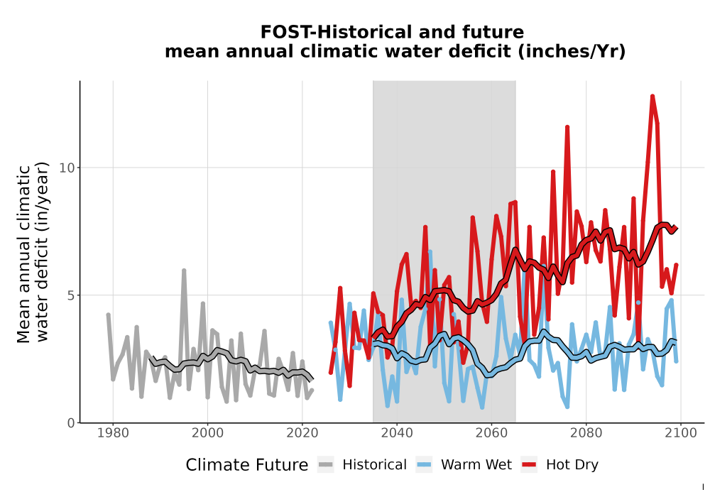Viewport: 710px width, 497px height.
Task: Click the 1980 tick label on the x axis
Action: pyautogui.click(x=113, y=433)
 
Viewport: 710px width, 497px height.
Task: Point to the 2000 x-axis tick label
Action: pyautogui.click(x=207, y=433)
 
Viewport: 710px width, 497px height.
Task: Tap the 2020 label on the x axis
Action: pyautogui.click(x=302, y=433)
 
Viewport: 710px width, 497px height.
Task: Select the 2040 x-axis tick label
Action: pyautogui.click(x=397, y=433)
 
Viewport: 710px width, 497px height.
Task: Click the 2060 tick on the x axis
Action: pyautogui.click(x=491, y=433)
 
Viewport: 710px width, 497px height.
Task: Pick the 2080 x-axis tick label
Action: pyautogui.click(x=586, y=433)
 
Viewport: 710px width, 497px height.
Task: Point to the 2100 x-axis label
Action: pyautogui.click(x=681, y=433)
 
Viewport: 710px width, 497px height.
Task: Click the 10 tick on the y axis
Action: pyautogui.click(x=67, y=168)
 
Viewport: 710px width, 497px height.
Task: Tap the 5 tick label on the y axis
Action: pyautogui.click(x=70, y=295)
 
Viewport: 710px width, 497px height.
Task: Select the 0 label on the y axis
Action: pyautogui.click(x=70, y=423)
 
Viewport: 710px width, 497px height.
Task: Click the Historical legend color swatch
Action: pyautogui.click(x=326, y=465)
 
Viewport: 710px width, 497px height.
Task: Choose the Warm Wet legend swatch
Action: pyautogui.click(x=424, y=465)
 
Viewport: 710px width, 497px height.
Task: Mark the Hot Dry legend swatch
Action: pyautogui.click(x=529, y=465)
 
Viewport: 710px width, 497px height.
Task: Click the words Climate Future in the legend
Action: pyautogui.click(x=247, y=465)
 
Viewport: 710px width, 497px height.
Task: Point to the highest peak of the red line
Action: pyautogui.click(x=652, y=97)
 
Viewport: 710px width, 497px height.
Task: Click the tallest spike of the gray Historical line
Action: pyautogui.click(x=184, y=271)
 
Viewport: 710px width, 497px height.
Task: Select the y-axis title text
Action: pyautogui.click(x=33, y=252)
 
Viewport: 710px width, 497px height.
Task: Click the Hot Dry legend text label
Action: pyautogui.click(x=572, y=465)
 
